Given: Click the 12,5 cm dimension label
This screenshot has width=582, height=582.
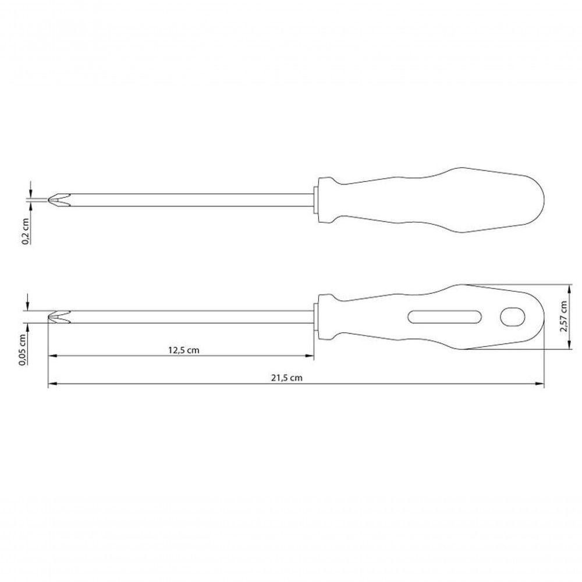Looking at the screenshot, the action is coord(184,350).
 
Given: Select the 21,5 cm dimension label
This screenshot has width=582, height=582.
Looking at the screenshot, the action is coord(286,378).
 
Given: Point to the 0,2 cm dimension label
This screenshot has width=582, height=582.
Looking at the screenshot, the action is coord(26,232).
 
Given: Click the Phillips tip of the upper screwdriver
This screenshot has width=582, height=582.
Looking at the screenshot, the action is coord(59,200).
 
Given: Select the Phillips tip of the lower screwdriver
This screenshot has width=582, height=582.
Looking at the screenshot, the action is coord(59,317).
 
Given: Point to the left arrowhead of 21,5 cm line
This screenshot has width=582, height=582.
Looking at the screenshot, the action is coord(53,384).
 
